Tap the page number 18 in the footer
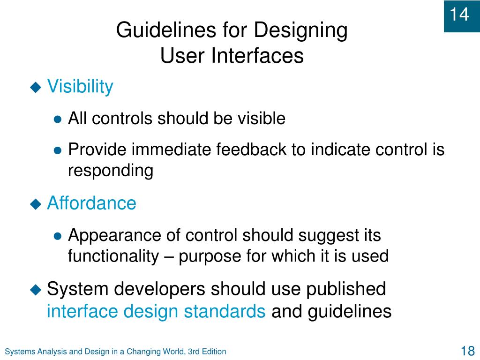click(x=467, y=351)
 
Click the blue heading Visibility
click(x=80, y=87)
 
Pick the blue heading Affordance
click(x=91, y=203)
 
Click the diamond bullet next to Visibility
click(x=36, y=87)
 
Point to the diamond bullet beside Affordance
click(x=36, y=203)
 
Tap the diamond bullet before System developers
click(x=36, y=289)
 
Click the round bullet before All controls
click(x=58, y=120)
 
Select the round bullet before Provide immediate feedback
click(x=58, y=150)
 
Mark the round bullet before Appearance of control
click(x=58, y=236)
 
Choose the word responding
click(x=111, y=171)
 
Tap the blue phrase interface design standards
click(x=156, y=311)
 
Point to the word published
click(x=346, y=289)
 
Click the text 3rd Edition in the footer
click(x=207, y=352)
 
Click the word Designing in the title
click(x=301, y=30)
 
